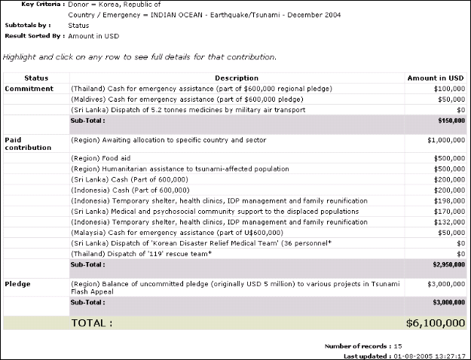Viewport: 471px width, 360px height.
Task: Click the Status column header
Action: click(36, 78)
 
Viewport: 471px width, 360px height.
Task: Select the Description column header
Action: click(236, 78)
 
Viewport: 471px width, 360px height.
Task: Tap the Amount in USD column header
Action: click(435, 78)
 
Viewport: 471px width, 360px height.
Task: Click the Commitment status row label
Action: click(29, 88)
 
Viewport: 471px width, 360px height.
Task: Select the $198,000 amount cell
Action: click(448, 201)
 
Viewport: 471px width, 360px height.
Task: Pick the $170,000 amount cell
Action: click(448, 212)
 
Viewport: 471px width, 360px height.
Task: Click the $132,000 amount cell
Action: click(448, 222)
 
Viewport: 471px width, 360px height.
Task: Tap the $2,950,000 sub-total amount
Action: click(447, 264)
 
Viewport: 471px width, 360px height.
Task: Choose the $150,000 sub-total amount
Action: click(450, 120)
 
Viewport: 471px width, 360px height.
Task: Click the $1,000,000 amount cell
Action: click(445, 139)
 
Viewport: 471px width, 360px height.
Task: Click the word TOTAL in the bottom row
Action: click(91, 323)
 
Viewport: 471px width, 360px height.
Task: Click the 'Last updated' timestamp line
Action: click(404, 355)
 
